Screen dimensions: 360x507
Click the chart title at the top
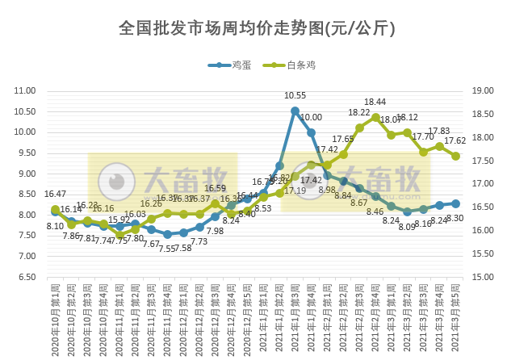pos(256,28)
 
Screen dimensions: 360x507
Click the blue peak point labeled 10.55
pos(295,111)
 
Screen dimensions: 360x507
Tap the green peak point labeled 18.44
pos(375,117)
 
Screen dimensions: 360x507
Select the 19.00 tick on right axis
pos(482,90)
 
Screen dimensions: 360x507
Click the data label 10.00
pos(311,118)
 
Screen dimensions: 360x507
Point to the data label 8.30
pos(454,218)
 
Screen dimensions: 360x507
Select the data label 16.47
pos(55,194)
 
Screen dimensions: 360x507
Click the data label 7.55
pos(166,248)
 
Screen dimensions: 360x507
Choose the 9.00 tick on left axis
pos(27,174)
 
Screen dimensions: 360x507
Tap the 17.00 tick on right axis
pos(482,184)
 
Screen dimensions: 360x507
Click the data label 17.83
pos(439,131)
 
